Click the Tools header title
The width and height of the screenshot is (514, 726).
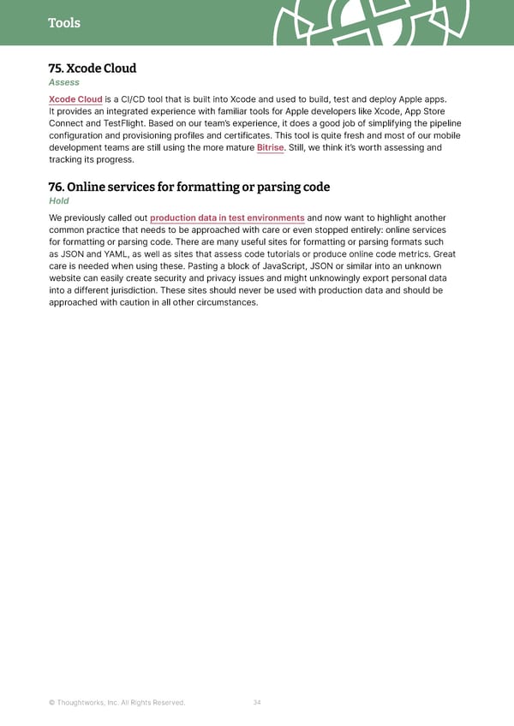(64, 23)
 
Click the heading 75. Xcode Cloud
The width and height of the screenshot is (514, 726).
(93, 68)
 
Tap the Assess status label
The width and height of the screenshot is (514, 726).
(64, 82)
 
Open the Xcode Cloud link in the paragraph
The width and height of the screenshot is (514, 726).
(76, 99)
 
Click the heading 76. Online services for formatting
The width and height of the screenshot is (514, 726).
(189, 187)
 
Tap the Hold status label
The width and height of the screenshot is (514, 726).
(59, 201)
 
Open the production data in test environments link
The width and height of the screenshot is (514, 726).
(227, 218)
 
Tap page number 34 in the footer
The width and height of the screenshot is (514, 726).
(257, 703)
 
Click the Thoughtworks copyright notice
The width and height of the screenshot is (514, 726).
(117, 703)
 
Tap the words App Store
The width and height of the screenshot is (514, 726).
(424, 111)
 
